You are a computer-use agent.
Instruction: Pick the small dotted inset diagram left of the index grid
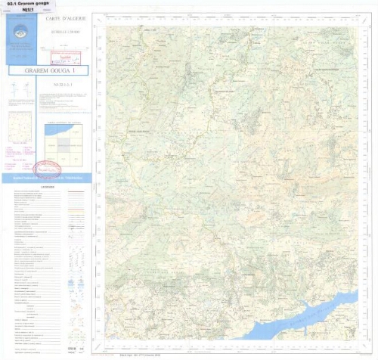[x=20, y=125]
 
